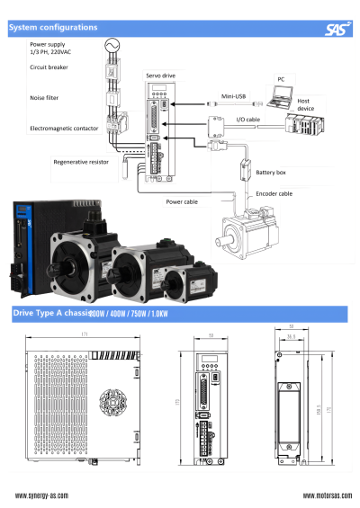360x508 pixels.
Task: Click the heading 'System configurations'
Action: (x=53, y=28)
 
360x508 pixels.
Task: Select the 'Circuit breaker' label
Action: (x=49, y=67)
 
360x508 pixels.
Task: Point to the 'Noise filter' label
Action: (x=44, y=95)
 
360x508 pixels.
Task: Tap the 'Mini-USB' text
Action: (x=233, y=95)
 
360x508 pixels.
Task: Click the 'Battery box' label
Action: (x=271, y=172)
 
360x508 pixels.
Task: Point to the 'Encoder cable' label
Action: (x=273, y=192)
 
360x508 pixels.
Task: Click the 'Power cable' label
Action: (x=182, y=202)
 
